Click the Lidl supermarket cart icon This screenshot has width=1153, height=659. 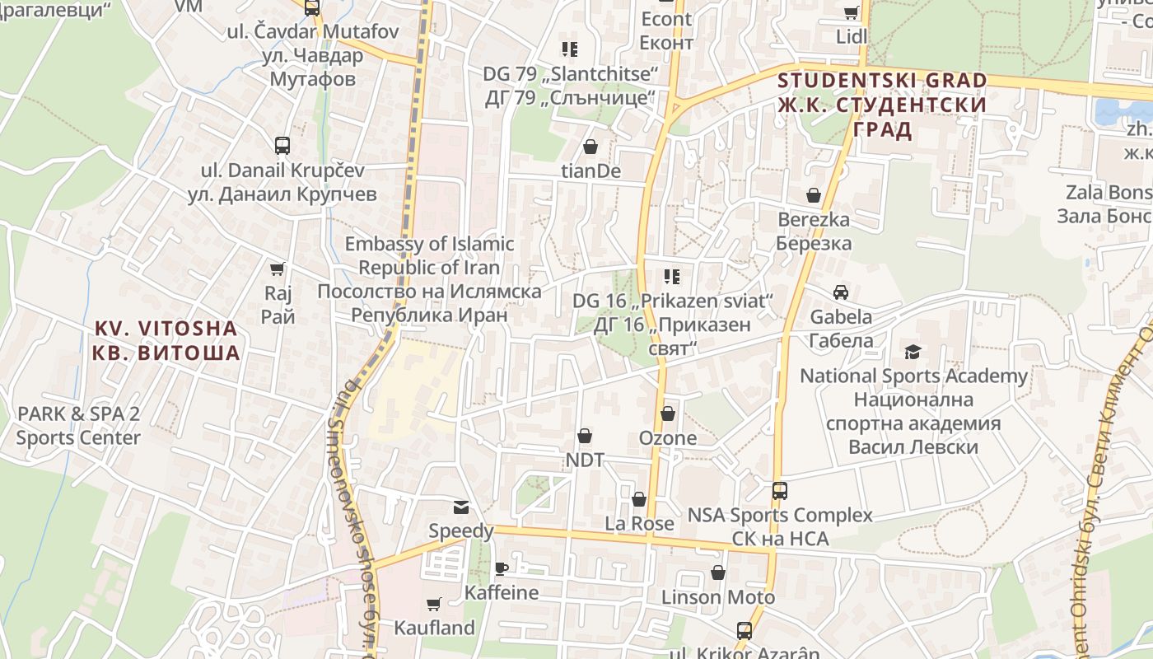coord(851,12)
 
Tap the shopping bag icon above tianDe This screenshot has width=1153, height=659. coord(591,147)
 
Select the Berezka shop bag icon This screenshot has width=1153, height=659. coord(814,195)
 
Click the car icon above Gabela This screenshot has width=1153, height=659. coord(841,292)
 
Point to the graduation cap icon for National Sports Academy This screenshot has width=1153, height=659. coord(913,353)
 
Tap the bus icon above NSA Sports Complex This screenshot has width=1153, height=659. coord(779,491)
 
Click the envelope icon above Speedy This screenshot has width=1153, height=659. coord(460,507)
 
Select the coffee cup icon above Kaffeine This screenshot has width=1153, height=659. coord(501,568)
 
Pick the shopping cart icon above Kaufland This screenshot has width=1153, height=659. coord(434,604)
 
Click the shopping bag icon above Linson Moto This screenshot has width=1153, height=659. coord(718,573)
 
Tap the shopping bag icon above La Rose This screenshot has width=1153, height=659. coord(639,499)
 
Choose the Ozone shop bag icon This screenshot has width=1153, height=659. coord(667,414)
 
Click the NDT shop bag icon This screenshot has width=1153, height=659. coord(585,435)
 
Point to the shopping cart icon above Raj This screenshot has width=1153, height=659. coord(278,269)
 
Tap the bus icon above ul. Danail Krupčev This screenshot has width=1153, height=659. coord(282,146)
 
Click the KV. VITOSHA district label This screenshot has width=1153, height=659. coord(167,340)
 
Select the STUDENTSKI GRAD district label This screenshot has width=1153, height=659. coord(882,105)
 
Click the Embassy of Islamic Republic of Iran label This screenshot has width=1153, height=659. coord(429,279)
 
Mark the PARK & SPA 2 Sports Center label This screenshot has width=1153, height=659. coord(78,425)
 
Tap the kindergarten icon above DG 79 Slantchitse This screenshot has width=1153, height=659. coord(569,49)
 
